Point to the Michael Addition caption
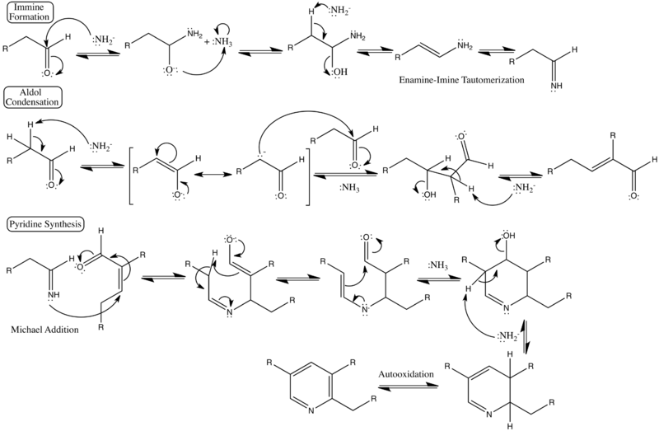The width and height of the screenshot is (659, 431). click(46, 330)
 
